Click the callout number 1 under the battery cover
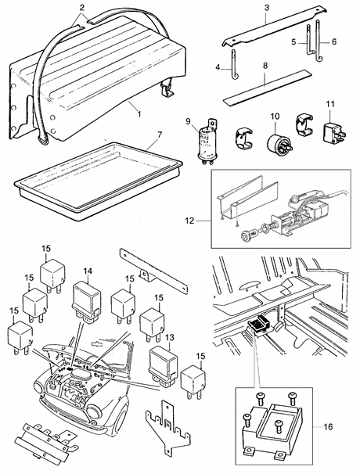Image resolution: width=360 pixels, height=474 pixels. [x=139, y=114]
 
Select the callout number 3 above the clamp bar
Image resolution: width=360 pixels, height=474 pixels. [x=266, y=8]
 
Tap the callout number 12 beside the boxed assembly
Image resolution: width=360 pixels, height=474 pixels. [x=189, y=221]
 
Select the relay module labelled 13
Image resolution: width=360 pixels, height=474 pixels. [x=164, y=366]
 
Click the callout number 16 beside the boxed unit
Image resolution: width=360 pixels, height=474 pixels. [x=328, y=426]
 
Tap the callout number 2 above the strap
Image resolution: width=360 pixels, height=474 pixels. [x=81, y=8]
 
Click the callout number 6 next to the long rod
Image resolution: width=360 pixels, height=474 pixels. [x=334, y=41]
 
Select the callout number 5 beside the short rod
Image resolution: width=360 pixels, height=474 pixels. [x=293, y=42]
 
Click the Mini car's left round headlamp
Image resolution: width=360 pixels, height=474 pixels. [x=40, y=389]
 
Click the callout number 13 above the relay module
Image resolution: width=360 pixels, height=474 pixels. [x=170, y=337]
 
